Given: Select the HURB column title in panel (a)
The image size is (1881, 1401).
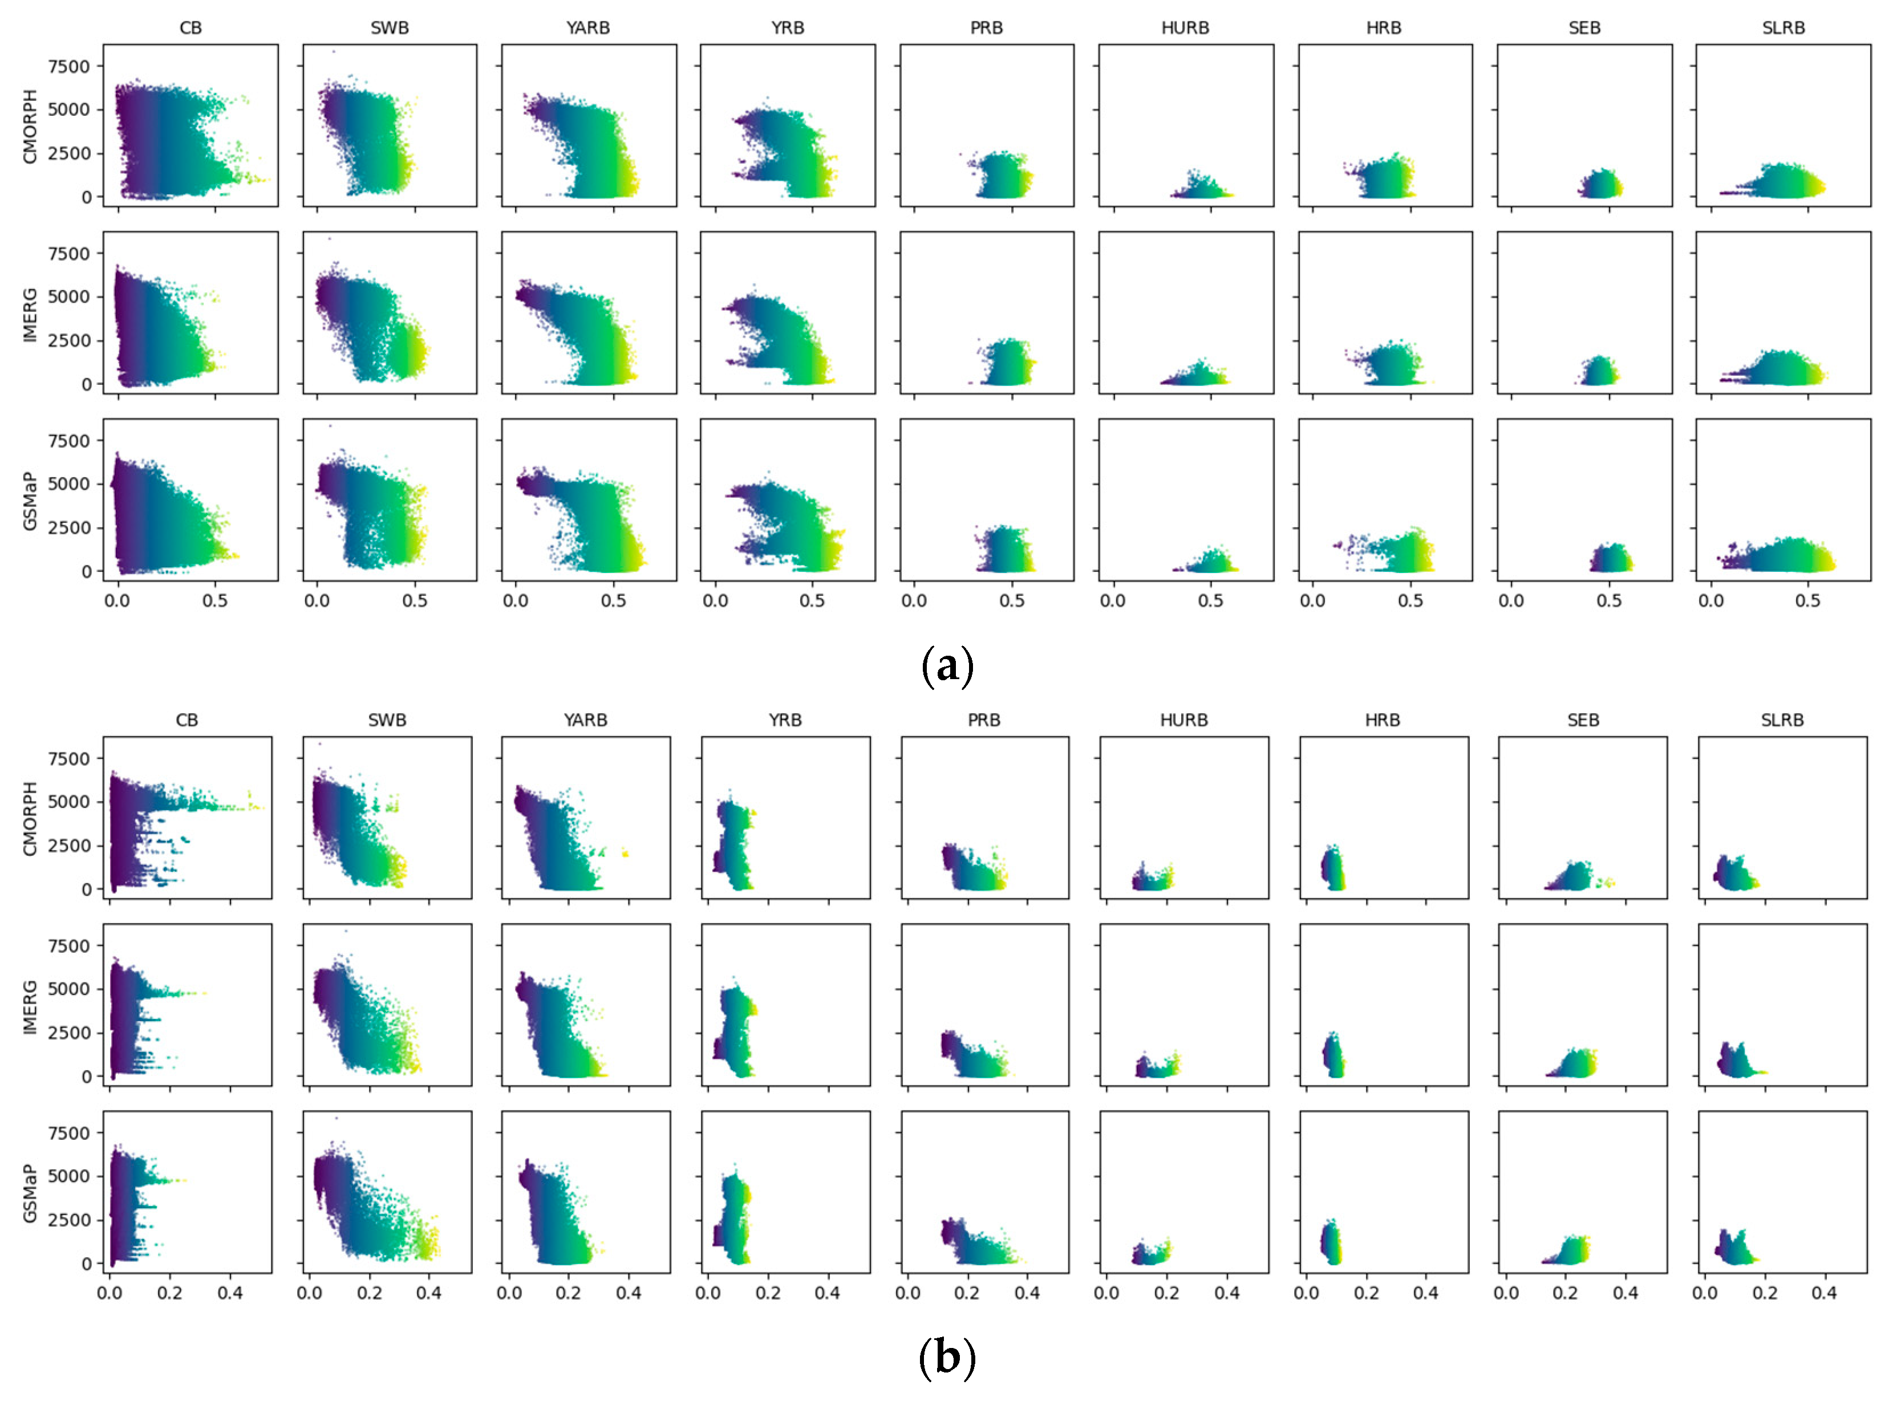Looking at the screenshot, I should click(x=1185, y=28).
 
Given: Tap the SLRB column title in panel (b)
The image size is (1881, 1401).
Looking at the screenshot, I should click(x=1782, y=720).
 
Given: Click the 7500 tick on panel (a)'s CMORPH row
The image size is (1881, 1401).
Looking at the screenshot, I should click(x=68, y=67).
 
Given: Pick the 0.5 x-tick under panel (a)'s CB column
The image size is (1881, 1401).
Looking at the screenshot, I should click(x=214, y=601).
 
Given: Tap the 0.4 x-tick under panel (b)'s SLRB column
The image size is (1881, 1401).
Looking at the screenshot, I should click(x=1823, y=1293).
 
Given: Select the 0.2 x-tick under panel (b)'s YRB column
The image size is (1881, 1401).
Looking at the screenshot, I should click(x=768, y=1293).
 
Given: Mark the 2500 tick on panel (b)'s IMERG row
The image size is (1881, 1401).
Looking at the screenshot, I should click(x=68, y=1033).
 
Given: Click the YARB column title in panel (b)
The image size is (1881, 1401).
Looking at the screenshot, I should click(x=585, y=720).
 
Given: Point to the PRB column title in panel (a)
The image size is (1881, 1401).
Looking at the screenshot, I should click(x=986, y=28).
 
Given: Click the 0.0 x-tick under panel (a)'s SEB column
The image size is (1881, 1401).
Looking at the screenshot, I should click(x=1511, y=601).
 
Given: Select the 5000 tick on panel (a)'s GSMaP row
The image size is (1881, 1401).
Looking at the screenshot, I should click(x=68, y=484).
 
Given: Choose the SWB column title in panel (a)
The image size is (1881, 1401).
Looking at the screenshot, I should click(x=389, y=28).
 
